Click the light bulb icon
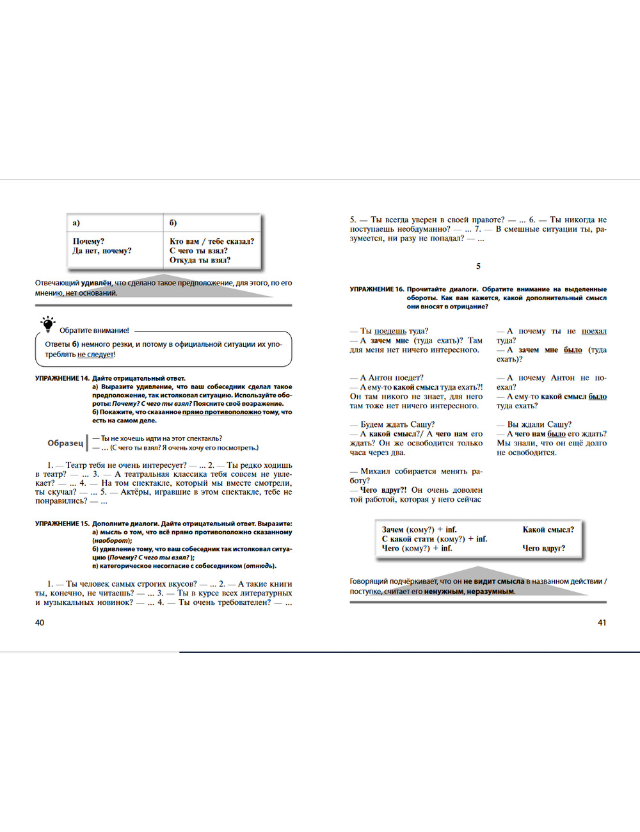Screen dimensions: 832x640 point(47,324)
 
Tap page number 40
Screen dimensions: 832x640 point(40,623)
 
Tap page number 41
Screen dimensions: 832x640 point(602,623)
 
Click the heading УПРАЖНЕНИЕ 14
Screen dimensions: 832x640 point(62,378)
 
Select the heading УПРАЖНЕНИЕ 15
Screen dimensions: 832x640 point(62,524)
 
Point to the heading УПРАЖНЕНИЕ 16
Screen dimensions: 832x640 point(377,289)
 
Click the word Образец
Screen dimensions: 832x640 point(65,443)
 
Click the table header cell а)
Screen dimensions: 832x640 point(76,223)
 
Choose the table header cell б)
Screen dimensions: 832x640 point(173,223)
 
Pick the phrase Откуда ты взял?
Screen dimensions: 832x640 point(200,260)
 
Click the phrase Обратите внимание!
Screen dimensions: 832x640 point(94,330)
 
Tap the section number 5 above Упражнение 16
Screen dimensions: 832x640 point(478,266)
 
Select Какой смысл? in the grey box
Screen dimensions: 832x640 point(548,529)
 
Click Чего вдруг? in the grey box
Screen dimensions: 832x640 point(543,548)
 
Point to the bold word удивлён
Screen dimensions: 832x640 point(96,283)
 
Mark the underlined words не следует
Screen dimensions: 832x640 point(95,355)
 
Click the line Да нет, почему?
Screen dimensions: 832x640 point(102,251)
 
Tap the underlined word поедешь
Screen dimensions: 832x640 point(390,331)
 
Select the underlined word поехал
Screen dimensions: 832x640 point(594,331)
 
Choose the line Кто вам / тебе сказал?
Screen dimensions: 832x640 point(211,241)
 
